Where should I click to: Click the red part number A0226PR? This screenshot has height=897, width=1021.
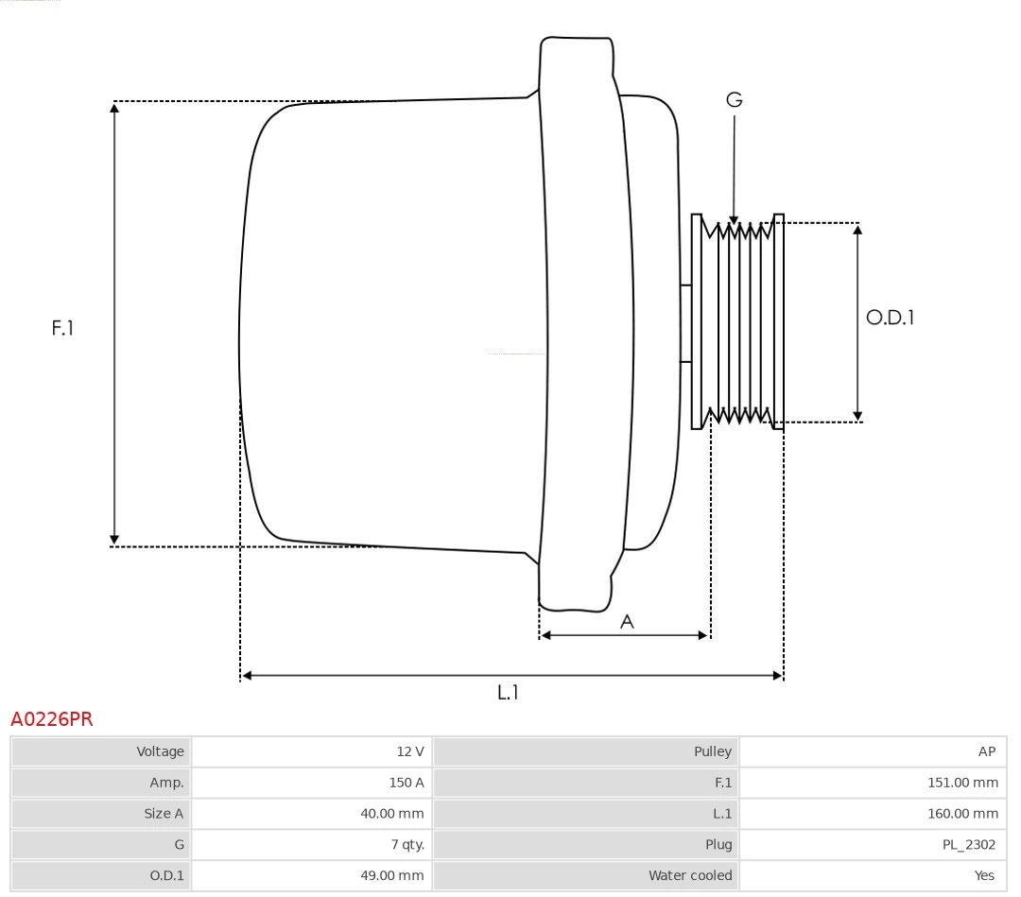tap(52, 720)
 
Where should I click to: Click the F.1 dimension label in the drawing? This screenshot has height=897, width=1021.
tap(62, 328)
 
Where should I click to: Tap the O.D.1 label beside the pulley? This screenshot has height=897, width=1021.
tap(890, 318)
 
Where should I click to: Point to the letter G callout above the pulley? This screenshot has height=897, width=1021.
tap(735, 99)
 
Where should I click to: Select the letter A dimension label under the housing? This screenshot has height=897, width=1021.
tap(626, 621)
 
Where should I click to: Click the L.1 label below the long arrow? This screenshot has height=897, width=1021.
tap(509, 692)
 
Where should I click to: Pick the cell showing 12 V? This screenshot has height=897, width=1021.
tap(410, 751)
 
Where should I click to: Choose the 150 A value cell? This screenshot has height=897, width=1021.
tap(406, 783)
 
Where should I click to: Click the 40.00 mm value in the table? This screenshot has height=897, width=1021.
tap(392, 813)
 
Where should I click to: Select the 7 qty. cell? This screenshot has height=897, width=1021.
tap(407, 844)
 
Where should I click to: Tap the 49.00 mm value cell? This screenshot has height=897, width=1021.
tap(392, 875)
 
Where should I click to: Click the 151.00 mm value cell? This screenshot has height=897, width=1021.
tap(962, 783)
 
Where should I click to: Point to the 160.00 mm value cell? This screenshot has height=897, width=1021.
tap(962, 813)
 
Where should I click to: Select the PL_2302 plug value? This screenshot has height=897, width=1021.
tap(968, 844)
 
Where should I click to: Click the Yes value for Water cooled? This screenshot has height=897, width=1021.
tap(984, 875)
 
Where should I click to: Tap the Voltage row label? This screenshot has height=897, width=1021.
tap(160, 751)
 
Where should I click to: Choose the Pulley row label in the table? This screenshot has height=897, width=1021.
tap(712, 751)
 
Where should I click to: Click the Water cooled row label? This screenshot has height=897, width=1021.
tap(690, 875)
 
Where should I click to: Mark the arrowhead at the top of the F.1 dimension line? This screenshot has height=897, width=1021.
tap(114, 107)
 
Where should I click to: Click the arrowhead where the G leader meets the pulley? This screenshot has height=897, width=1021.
tap(735, 221)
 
